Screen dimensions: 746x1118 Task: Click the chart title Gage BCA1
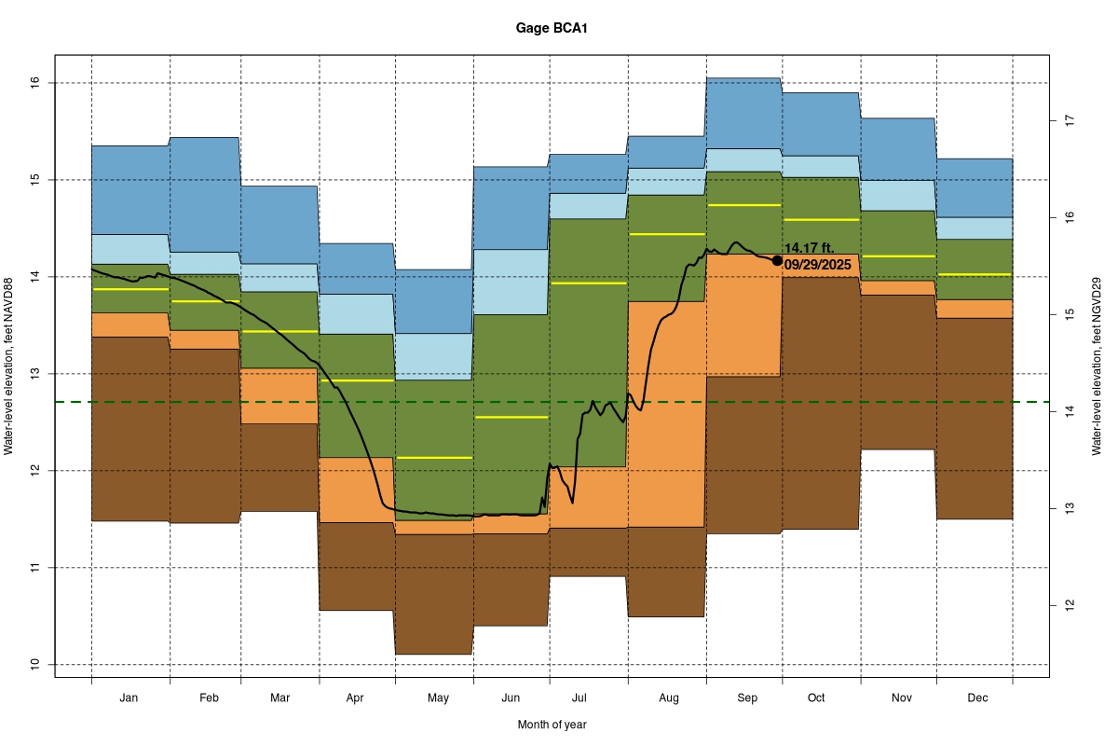[x=552, y=28]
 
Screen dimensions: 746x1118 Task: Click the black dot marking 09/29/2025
[x=777, y=260]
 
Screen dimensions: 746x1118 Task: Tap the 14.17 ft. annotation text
[x=809, y=248]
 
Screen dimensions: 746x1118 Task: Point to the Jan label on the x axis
[x=130, y=698]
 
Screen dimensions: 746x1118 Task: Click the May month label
[x=438, y=698]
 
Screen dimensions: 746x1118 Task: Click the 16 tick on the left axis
[x=36, y=83]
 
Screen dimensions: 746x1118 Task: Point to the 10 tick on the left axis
[x=36, y=664]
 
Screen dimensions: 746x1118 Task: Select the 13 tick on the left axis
[x=36, y=373]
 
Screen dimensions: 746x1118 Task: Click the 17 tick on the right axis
[x=1070, y=121]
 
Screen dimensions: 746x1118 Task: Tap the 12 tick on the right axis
[x=1070, y=604]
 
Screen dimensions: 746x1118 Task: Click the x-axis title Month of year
[x=552, y=725]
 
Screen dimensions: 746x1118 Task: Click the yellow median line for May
[x=434, y=458]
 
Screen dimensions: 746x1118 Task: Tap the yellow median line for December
[x=975, y=274]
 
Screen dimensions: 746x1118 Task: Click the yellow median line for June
[x=511, y=417]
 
